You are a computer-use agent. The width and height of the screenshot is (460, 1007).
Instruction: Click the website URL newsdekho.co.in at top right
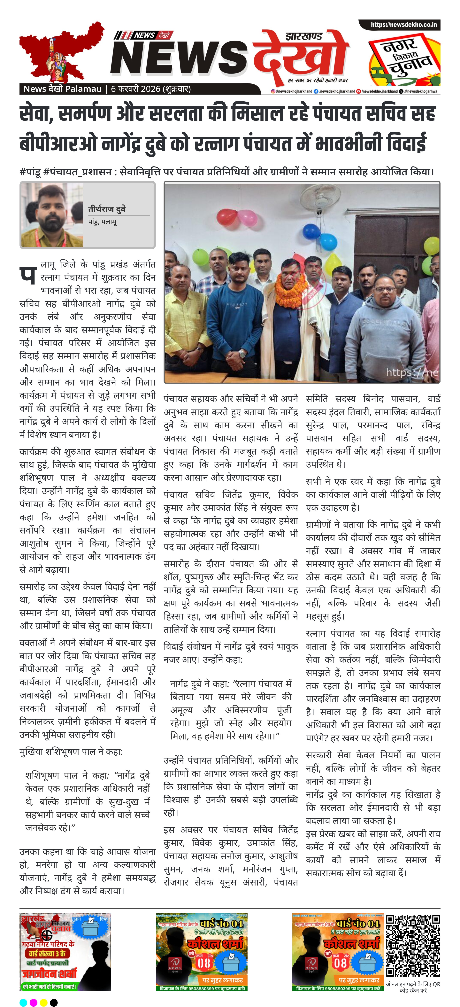[403, 25]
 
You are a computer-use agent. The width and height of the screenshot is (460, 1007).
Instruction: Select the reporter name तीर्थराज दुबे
[107, 209]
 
